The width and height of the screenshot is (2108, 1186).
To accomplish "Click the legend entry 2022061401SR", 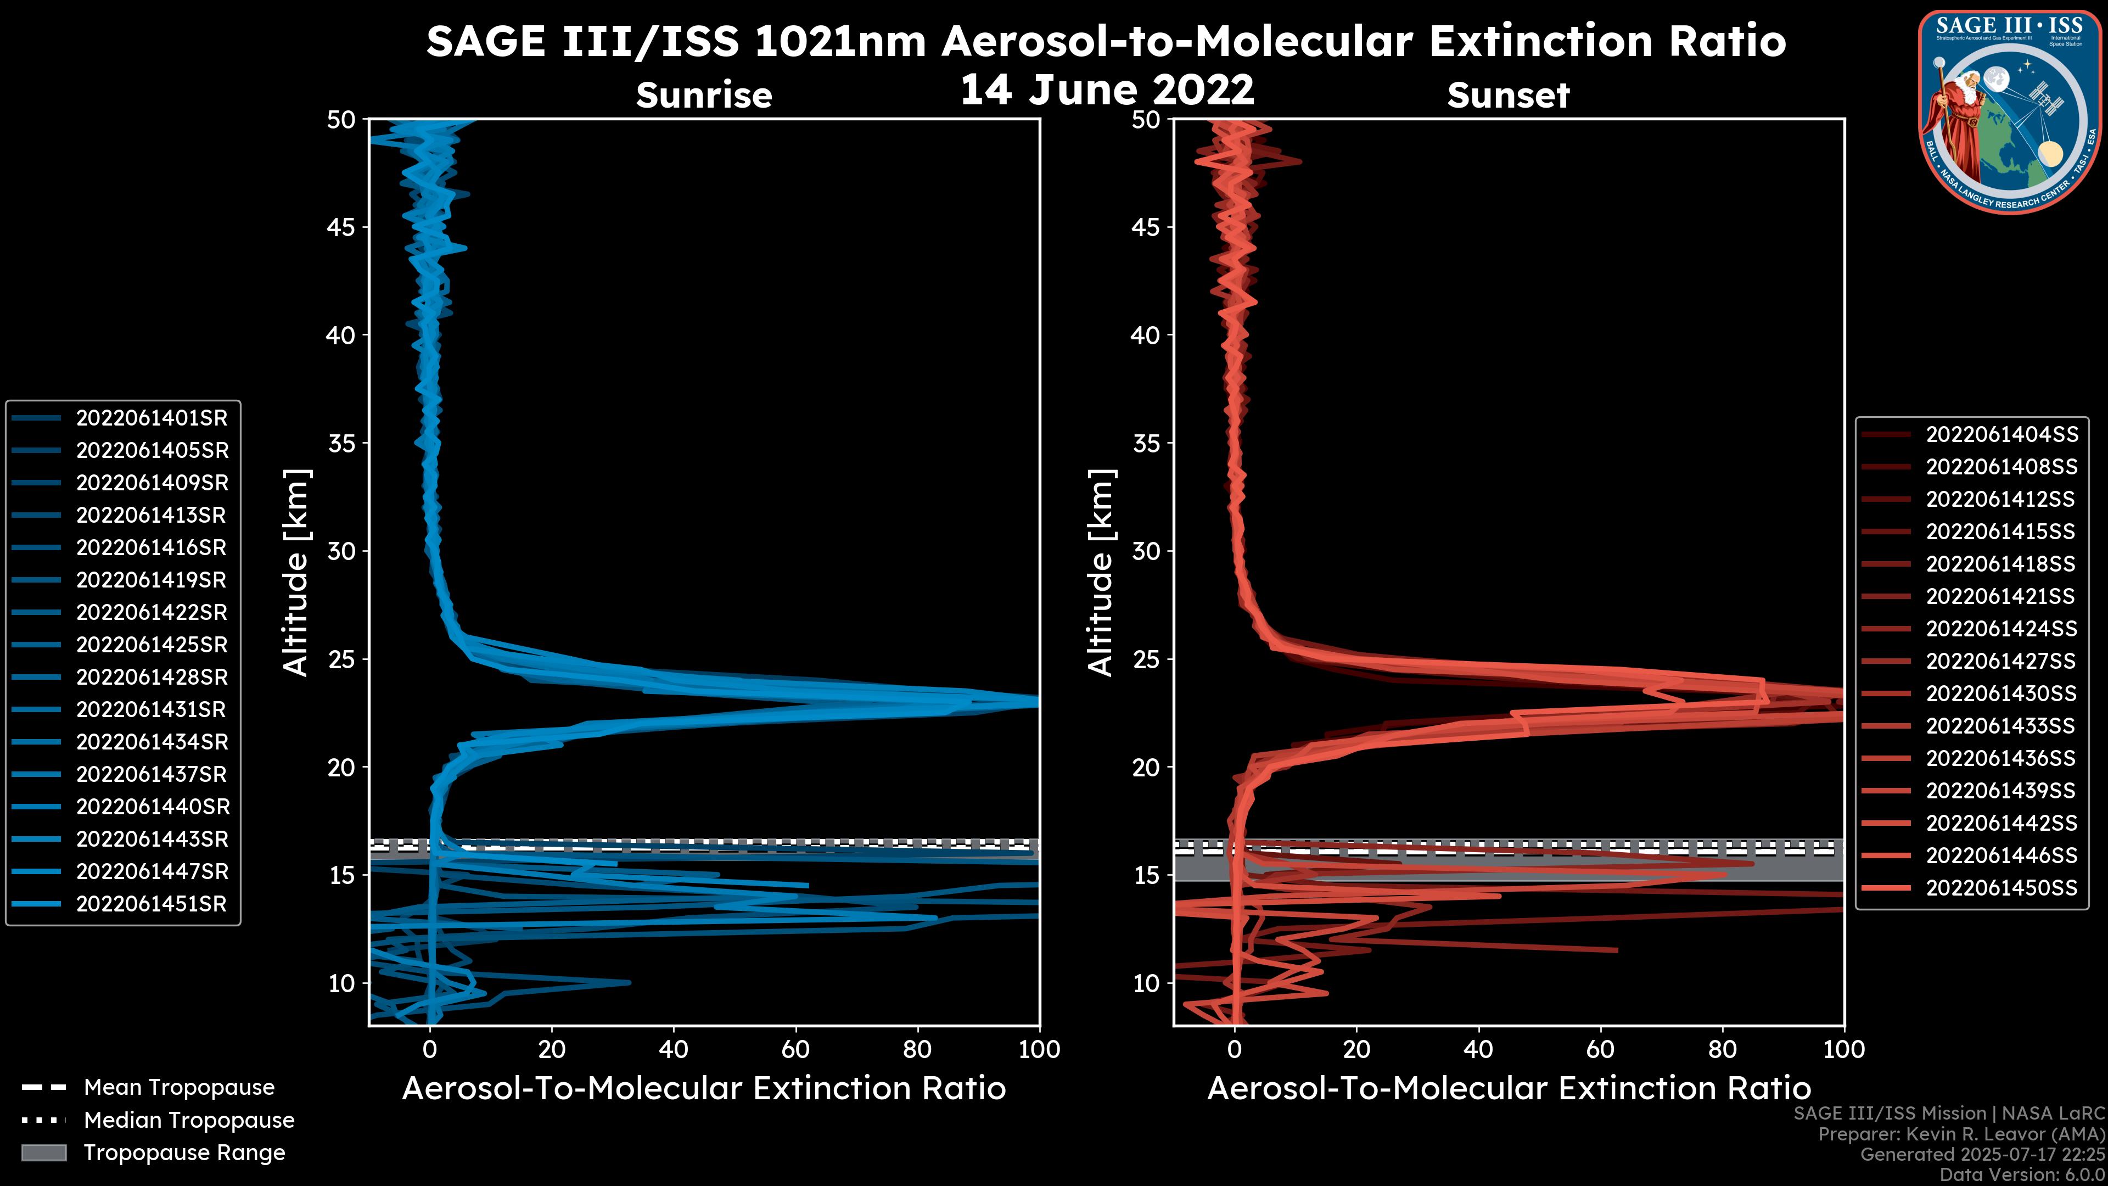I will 152,418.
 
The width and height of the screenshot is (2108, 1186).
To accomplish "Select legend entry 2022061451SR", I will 152,904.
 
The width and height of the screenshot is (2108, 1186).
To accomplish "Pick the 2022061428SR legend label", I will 152,678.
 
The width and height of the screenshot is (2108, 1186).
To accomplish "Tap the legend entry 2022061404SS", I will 2001,435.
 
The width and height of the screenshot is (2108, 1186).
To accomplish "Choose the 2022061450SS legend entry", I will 2001,888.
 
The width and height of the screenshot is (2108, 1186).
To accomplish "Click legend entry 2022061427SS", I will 2001,661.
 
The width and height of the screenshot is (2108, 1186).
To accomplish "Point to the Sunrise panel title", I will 704,95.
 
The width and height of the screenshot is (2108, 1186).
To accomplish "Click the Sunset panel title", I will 1508,95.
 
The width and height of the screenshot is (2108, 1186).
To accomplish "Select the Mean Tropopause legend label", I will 179,1088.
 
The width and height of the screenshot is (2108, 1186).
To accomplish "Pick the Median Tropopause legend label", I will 189,1121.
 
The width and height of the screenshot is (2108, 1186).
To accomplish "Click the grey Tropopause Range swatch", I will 44,1153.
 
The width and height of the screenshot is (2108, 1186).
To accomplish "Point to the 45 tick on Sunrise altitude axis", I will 341,227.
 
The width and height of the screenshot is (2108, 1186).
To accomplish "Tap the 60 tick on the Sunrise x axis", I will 795,1050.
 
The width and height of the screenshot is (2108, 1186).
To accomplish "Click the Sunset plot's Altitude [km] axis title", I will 1101,573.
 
